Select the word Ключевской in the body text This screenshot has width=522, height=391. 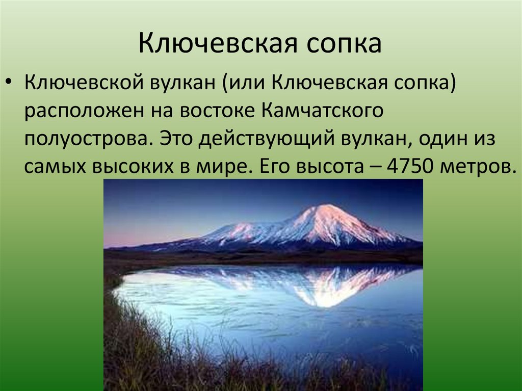point(82,82)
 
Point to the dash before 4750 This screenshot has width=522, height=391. point(371,167)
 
